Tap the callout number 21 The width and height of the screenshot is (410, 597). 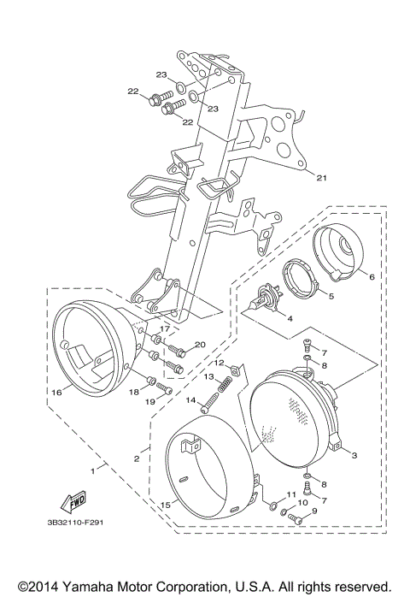(x=321, y=179)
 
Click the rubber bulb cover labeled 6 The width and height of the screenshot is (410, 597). (x=343, y=248)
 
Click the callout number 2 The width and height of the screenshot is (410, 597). (x=135, y=458)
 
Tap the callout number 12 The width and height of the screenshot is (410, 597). (x=219, y=364)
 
